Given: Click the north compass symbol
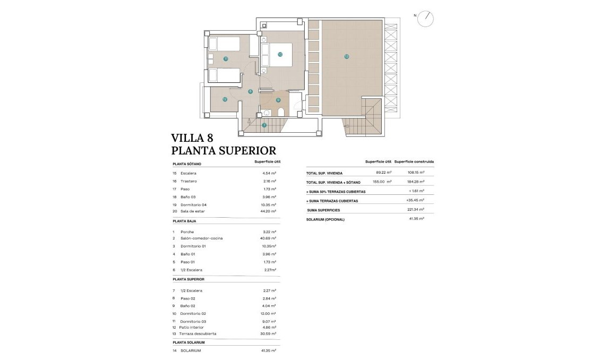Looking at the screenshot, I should pos(425,19).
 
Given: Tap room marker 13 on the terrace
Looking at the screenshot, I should pos(346,56).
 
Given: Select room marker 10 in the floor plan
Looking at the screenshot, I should pos(280,54).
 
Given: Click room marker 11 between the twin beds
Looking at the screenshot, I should pos(226,59).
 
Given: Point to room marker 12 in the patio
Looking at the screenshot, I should pos(225,99).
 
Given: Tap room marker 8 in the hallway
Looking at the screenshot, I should pos(250,91).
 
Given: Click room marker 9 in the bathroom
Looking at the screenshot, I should pos(278,100).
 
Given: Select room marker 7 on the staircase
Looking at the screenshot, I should pos(264,125).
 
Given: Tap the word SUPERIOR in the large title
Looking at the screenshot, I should pos(245,151).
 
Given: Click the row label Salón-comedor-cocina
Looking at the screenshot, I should pos(201,238).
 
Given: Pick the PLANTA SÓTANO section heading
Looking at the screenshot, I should pos(186,164).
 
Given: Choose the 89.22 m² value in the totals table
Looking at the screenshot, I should pos(383,173).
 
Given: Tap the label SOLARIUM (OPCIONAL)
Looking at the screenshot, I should pos(325,219).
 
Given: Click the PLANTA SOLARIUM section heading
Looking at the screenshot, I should pos(188,342).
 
